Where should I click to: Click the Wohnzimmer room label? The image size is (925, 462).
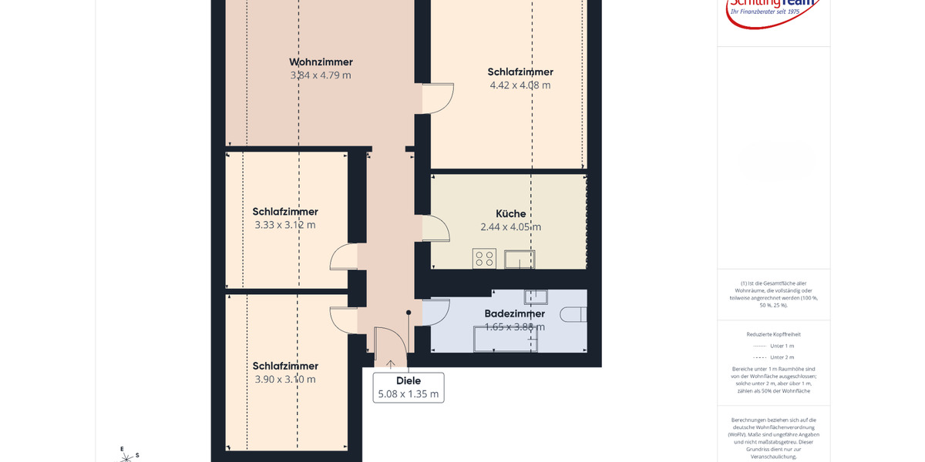[321, 62]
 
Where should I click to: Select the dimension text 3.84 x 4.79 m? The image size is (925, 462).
[321, 75]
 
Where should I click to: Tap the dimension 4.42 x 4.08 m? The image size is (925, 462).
[520, 85]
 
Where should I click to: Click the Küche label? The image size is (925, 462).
[511, 213]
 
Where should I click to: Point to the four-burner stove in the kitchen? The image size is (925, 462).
[484, 259]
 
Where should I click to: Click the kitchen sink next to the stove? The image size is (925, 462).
[520, 259]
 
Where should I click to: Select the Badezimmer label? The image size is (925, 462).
[514, 313]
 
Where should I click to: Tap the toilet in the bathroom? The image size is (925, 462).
[575, 314]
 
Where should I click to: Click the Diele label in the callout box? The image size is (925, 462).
[409, 380]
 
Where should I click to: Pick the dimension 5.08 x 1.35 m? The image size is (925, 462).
[409, 394]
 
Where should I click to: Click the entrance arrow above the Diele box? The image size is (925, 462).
[391, 364]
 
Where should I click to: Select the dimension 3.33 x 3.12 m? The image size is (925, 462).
[285, 225]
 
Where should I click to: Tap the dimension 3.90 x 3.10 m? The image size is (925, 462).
[285, 379]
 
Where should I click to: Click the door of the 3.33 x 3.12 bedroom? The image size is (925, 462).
[344, 257]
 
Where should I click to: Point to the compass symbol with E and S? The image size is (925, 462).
[126, 455]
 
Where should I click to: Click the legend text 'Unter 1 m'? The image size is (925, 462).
[782, 346]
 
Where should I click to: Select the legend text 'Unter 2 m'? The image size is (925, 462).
[782, 357]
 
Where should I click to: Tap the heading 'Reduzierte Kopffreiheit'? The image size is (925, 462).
[773, 334]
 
